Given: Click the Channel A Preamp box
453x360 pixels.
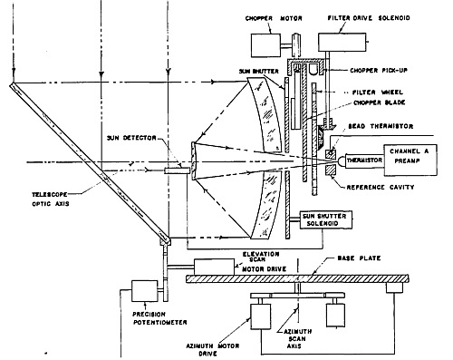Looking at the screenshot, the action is pos(410,160).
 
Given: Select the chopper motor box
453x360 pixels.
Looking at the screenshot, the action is pos(265,45).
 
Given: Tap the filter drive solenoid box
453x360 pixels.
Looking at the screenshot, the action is pos(342,42).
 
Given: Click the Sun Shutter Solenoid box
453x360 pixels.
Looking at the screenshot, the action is pos(326,219).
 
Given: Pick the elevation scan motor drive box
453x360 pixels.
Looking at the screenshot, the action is pos(214,267).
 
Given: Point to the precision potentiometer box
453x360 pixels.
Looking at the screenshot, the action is pos(144,291).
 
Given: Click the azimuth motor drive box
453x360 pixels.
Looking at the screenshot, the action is pos(261,316).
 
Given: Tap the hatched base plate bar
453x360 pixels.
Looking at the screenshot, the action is pos(297,278).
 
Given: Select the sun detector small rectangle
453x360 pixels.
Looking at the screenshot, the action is pos(178,170).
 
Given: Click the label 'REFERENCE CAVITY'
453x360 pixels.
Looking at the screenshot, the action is pos(381,188).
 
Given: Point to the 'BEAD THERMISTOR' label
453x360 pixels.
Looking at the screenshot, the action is pos(381,126).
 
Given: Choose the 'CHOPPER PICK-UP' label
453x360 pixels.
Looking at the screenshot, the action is pos(379,71).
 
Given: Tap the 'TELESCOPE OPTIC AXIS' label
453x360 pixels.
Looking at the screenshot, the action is pos(51,199).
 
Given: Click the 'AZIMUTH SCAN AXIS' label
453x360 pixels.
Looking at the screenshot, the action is pos(297,339).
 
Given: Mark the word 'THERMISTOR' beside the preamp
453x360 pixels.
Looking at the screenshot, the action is pos(364,161).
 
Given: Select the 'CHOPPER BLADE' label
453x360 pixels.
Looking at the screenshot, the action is pos(380,102).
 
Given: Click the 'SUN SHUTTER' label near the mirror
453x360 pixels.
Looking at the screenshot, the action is pos(258,72).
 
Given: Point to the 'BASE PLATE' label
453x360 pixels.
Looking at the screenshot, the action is pos(359,258).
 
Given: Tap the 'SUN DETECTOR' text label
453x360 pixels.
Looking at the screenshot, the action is pos(131,138).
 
